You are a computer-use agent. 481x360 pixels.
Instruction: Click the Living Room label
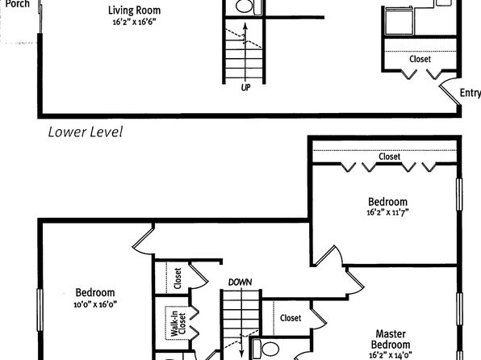coord(134,10)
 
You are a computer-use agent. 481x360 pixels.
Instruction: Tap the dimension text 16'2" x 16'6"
coord(134,22)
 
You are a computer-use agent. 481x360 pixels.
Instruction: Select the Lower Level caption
coord(86,132)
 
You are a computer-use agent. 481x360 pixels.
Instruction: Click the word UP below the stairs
coord(245,88)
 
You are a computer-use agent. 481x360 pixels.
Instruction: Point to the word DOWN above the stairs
coord(240,282)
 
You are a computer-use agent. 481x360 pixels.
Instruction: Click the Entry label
coord(471,93)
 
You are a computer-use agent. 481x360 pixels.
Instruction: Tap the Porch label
coord(18,4)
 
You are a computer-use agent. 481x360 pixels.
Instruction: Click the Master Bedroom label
coord(391,339)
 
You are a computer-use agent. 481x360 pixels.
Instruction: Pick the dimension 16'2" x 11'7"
coord(387,212)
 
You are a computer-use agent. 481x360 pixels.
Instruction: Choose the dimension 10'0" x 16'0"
coord(95,304)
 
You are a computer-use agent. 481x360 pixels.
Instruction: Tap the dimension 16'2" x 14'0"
coord(391,355)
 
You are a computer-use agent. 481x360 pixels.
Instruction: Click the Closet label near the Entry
coord(420,59)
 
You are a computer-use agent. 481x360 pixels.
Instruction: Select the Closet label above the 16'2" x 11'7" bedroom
coord(390,157)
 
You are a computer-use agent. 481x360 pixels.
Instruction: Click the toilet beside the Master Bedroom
coord(266,349)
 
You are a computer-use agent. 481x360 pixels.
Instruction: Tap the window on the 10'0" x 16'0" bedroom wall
coord(40,310)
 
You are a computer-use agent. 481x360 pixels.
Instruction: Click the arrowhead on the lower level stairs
coord(245,26)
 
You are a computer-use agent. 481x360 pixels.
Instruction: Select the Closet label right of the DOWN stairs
coord(291,318)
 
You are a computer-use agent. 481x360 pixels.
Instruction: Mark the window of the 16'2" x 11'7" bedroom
coord(459,195)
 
